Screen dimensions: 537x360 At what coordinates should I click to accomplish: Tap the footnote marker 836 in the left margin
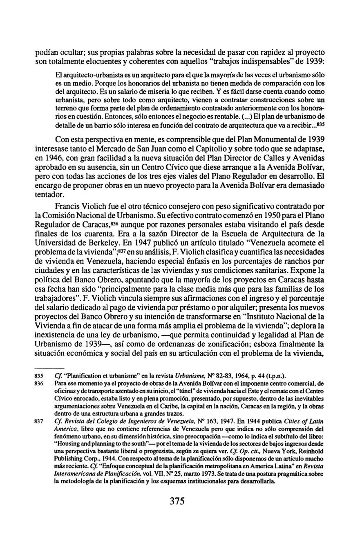coord(39,383)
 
